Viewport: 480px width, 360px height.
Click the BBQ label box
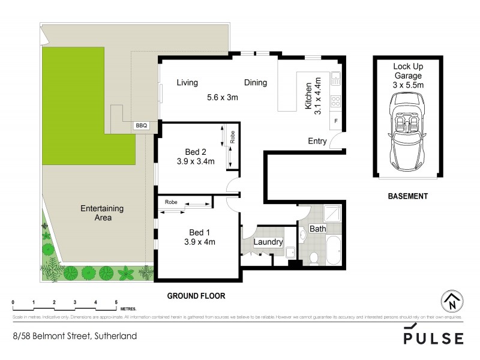click(141, 126)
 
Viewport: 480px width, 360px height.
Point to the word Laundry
click(268, 242)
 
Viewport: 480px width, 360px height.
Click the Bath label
click(317, 229)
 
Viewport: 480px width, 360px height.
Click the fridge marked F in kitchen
click(335, 122)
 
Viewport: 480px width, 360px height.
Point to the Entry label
click(317, 142)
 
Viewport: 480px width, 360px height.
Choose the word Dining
click(255, 83)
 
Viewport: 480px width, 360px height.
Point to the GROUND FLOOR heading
click(196, 296)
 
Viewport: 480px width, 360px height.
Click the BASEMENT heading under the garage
click(407, 196)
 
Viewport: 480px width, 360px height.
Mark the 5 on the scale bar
click(116, 302)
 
